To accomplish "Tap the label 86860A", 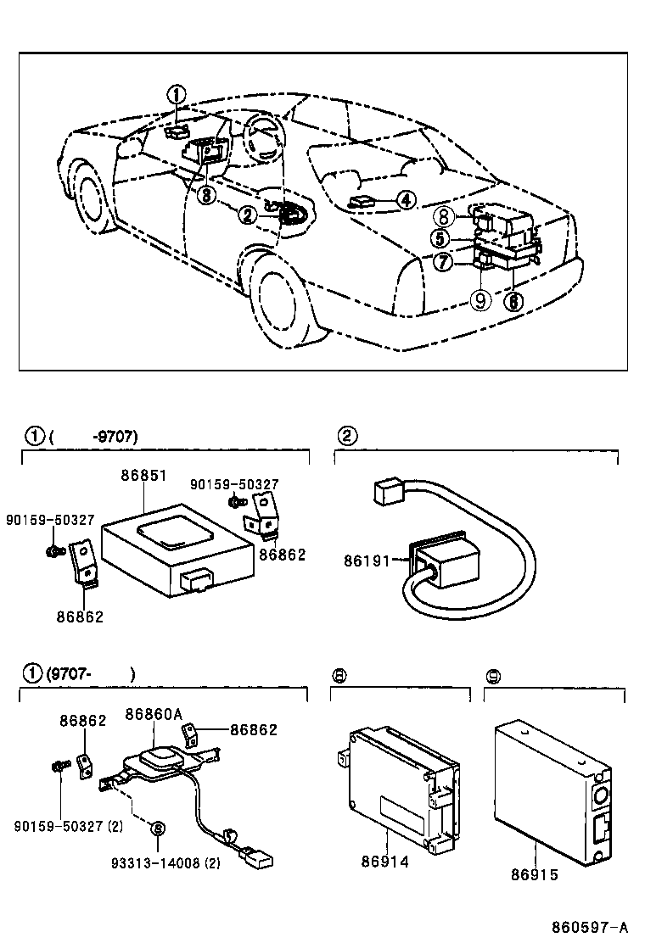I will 154,714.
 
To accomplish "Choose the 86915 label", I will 535,873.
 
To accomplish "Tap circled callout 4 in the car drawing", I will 406,200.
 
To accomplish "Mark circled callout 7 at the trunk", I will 442,263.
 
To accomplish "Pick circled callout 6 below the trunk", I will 513,300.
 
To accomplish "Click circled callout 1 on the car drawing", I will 175,94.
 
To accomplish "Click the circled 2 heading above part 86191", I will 345,436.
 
